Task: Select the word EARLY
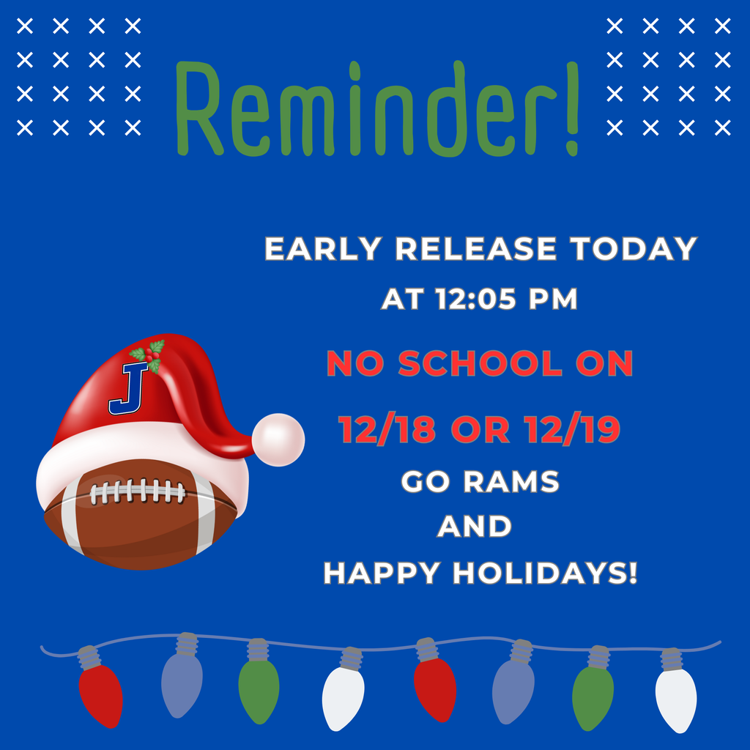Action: [x=323, y=250]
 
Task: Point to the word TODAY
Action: [x=634, y=250]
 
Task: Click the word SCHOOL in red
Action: [x=476, y=364]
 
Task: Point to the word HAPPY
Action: [x=383, y=573]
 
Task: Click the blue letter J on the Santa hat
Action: [x=129, y=388]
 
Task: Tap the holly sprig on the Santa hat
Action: [x=149, y=355]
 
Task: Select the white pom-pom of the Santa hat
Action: [x=278, y=439]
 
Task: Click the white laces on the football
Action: [x=138, y=491]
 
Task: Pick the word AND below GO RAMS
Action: [x=474, y=527]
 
